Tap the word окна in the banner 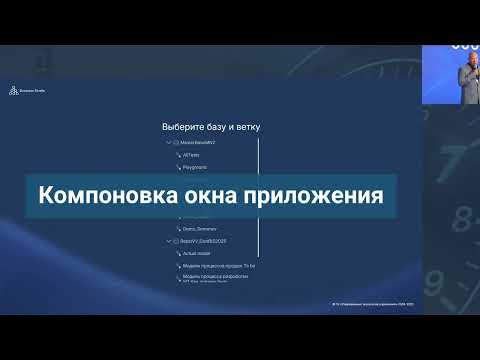click(x=184, y=194)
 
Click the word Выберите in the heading click(x=184, y=128)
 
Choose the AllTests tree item click(x=191, y=156)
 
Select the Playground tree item click(x=195, y=169)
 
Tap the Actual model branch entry click(x=197, y=254)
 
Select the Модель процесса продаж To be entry click(x=219, y=267)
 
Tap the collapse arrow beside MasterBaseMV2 click(x=169, y=143)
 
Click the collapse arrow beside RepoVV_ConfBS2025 click(x=169, y=241)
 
